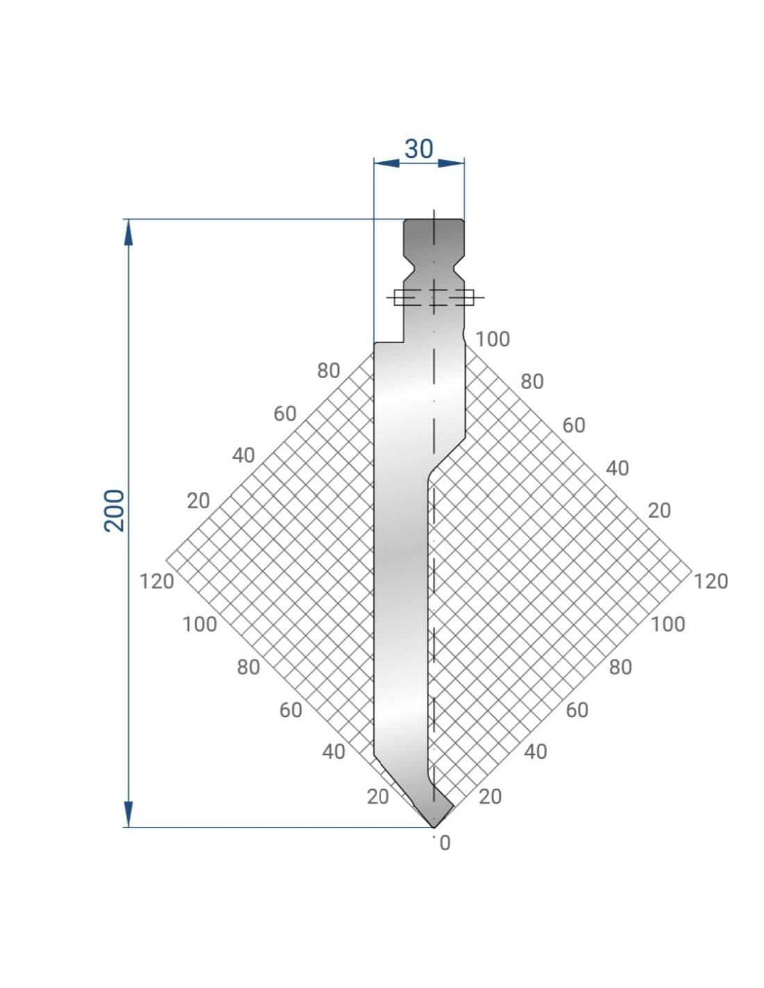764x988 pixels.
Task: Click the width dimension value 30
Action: click(419, 149)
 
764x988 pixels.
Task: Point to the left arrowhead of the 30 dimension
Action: click(386, 163)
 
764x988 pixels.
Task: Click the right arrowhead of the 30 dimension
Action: click(451, 163)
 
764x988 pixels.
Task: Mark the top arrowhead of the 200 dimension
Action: click(128, 232)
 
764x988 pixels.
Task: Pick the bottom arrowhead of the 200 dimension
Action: click(128, 814)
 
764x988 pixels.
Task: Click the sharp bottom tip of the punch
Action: click(434, 827)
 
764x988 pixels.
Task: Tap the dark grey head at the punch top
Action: click(434, 236)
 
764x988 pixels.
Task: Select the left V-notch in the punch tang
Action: click(409, 269)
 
